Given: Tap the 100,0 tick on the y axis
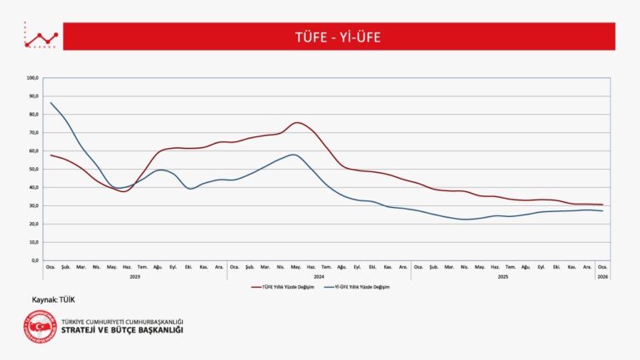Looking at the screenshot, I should (33, 78).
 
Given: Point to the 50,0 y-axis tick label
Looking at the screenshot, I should (33, 169).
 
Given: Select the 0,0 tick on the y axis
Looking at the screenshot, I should (34, 260).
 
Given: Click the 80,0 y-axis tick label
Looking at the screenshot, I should (33, 115).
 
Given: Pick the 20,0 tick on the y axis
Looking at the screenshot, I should (33, 224).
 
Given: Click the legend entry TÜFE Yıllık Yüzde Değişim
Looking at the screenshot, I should (283, 286).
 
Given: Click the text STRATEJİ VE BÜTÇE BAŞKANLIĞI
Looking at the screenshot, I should (122, 330).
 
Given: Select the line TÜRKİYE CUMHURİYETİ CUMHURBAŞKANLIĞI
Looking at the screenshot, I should (122, 321).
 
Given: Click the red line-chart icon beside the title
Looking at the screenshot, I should (41, 37).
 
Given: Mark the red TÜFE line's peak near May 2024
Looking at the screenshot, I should (298, 122).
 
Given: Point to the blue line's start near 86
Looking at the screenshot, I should (51, 103).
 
